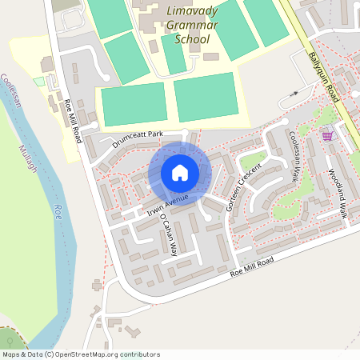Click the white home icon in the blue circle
coord(180,173)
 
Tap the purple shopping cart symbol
coord(327,135)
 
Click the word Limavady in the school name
coord(195,12)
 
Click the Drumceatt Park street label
coord(137,140)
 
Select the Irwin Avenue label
coord(167,203)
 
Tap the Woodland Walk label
coord(337,193)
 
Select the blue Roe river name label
coord(57,212)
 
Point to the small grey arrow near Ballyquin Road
coord(293,94)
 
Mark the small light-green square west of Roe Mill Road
coord(38,82)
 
